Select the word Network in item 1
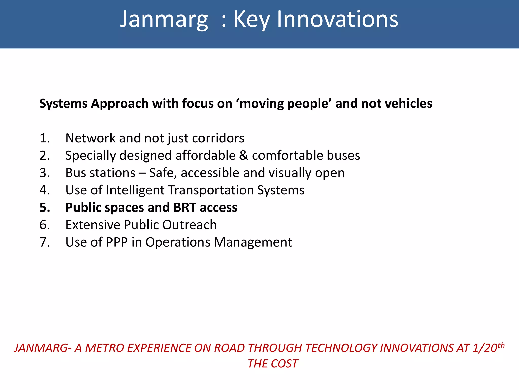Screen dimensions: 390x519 (90, 138)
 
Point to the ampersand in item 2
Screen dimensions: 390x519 (244, 156)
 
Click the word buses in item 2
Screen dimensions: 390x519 (343, 156)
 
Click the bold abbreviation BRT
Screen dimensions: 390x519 (185, 208)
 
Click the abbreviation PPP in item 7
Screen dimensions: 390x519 (117, 242)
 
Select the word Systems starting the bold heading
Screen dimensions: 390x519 (63, 104)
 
